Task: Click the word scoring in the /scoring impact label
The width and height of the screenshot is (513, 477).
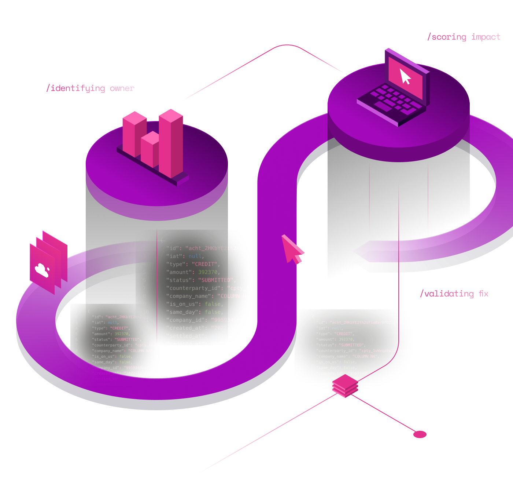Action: point(449,37)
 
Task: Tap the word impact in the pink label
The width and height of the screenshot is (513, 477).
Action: point(486,37)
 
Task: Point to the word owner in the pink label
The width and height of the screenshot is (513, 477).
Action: point(122,88)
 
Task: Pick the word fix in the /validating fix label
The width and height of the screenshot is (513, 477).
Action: point(484,294)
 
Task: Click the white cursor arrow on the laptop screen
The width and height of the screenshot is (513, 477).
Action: point(405,76)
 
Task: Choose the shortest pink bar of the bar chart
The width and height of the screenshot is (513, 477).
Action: point(150,150)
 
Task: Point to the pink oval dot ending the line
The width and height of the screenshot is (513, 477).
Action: point(420,434)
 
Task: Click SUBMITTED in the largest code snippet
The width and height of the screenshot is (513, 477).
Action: point(216,280)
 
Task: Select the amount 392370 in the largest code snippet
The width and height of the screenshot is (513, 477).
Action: point(208,272)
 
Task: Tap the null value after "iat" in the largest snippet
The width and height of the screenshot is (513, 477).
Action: point(195,256)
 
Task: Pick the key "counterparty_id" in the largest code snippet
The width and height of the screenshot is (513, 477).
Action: point(195,288)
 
